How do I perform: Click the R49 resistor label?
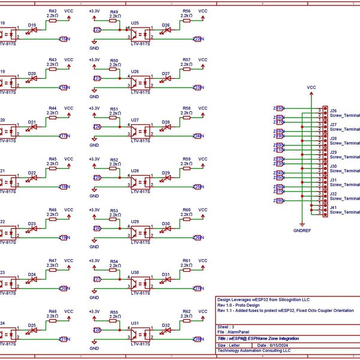(114, 11)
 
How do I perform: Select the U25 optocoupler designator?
(136, 23)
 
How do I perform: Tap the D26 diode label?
(166, 25)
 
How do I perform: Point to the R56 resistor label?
(187, 11)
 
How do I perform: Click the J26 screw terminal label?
(333, 111)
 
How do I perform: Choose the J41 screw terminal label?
(333, 208)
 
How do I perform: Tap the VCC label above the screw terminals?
(311, 87)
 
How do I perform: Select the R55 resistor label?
(114, 313)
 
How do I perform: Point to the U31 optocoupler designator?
(136, 323)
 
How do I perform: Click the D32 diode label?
(166, 325)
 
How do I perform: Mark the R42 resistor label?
(53, 11)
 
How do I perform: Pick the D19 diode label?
(32, 25)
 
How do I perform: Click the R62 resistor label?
(187, 313)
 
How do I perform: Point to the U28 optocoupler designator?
(136, 171)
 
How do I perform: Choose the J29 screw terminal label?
(333, 152)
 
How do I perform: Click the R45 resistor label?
(53, 159)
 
